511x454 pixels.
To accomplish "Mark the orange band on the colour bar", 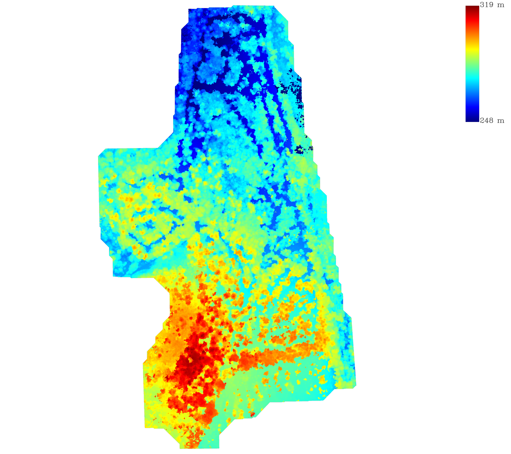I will (472, 35).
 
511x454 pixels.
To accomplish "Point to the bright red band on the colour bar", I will (472, 21).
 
